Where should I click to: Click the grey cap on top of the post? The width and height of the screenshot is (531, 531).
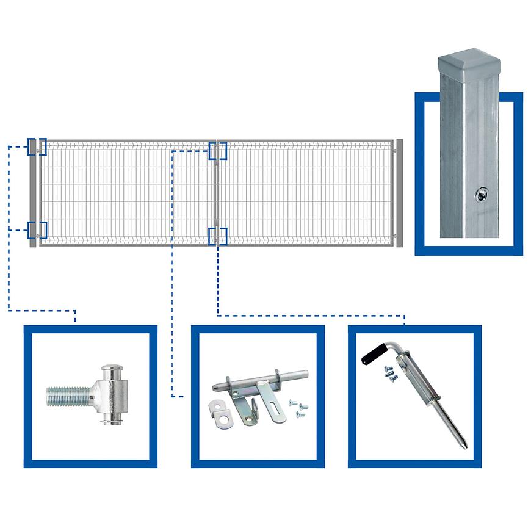[469, 62]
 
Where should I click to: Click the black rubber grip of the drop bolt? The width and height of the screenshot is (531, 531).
[372, 353]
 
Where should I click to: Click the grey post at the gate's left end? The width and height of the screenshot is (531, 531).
[32, 193]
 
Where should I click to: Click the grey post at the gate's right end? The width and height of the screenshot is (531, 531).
[400, 193]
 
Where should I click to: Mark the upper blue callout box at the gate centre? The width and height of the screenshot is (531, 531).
[218, 151]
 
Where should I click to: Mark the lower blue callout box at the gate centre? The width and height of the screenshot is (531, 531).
[218, 236]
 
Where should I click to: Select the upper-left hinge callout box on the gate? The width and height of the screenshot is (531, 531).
[37, 146]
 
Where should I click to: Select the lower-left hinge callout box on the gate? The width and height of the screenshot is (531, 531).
[37, 230]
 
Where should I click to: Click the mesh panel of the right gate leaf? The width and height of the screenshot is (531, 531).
[305, 193]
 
